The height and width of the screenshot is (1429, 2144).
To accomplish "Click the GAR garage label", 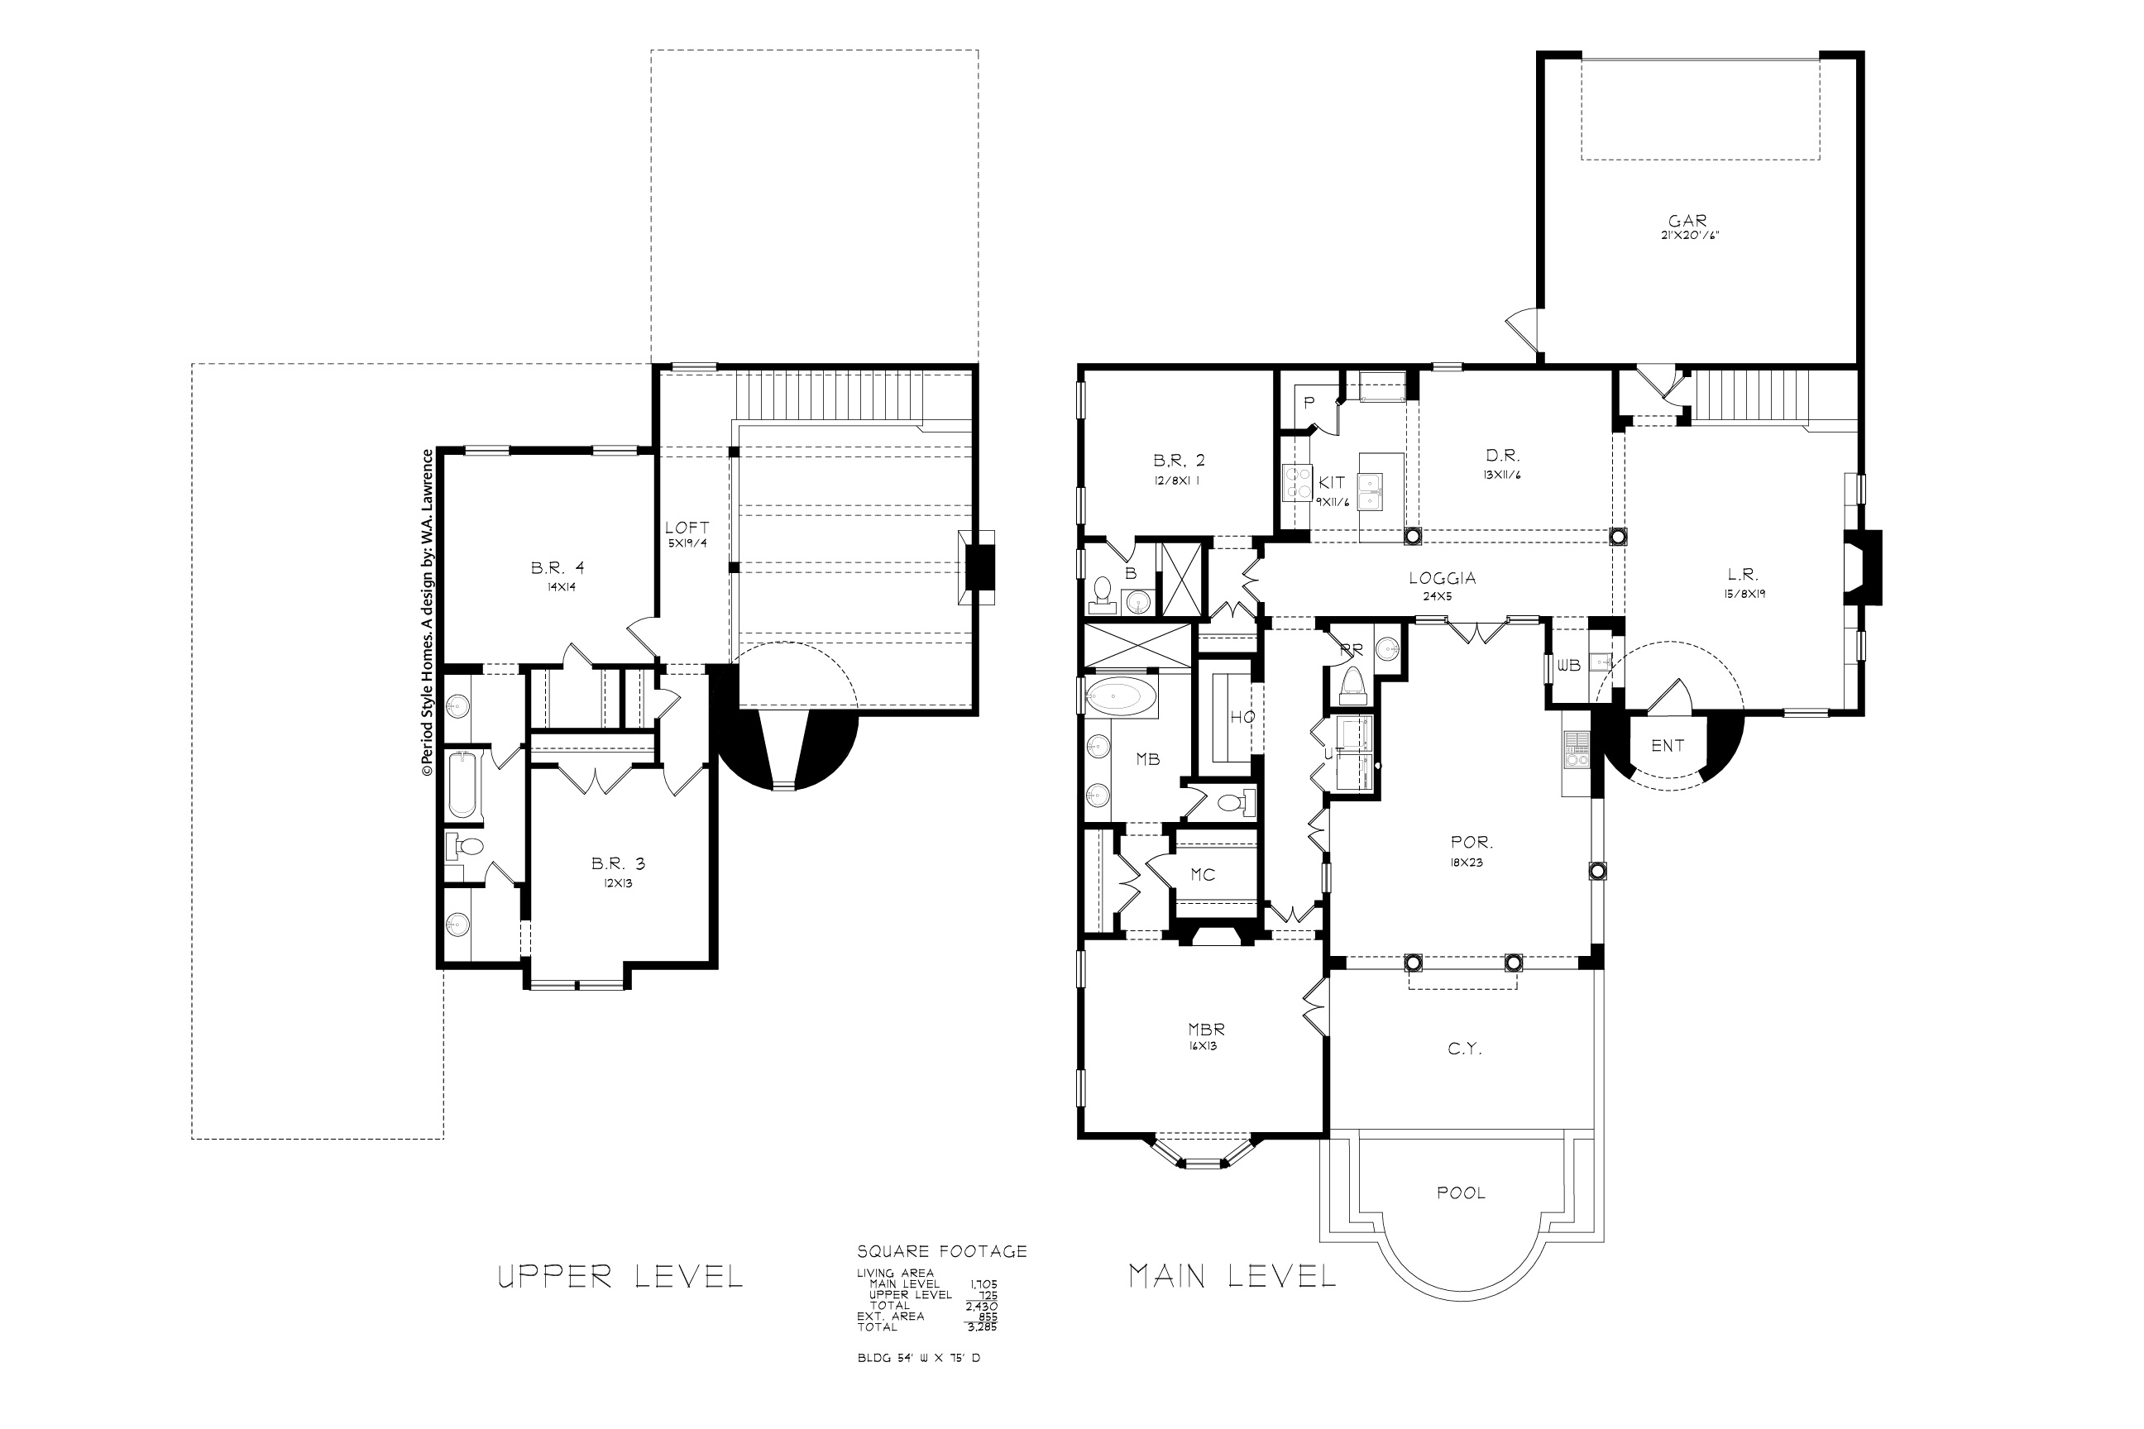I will coord(1687,221).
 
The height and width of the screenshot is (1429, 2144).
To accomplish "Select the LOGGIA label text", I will coord(1442,578).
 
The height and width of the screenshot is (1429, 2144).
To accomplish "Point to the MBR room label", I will coord(1206,1029).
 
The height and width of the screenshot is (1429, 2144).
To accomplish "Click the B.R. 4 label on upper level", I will coord(554,569).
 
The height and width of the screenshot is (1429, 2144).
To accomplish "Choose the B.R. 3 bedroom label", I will coord(618,863).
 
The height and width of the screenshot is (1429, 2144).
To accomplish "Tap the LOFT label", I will coord(687,528).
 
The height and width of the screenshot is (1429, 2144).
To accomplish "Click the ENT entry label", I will coord(1668,745).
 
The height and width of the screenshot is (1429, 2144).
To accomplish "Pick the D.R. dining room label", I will coord(1502,456).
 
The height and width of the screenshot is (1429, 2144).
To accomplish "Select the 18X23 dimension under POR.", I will coord(1466,863).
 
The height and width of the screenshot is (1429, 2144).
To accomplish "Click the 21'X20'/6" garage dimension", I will coord(1689,235).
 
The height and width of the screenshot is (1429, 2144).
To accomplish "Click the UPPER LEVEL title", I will coord(620,1277).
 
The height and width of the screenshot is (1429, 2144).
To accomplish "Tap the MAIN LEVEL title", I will coord(1232,1276).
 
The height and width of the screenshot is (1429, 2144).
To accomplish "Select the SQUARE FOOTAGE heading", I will coord(941,1252).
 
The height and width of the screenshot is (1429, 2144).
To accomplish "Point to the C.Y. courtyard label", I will coord(1465,1049).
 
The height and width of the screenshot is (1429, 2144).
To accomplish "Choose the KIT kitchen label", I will coord(1332,483).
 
